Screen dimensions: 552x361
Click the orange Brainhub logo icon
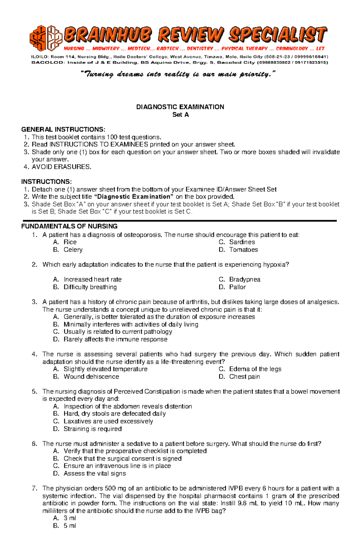tap(46, 38)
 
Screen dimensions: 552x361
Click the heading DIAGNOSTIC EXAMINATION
tap(180, 107)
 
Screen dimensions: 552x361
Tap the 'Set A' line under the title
tap(180, 115)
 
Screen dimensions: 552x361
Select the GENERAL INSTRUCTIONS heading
tap(63, 130)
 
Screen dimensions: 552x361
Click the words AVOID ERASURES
tap(61, 167)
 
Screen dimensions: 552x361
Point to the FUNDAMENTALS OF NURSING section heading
tap(69, 227)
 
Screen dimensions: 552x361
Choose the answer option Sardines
tap(242, 242)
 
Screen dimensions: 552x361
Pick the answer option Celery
tap(73, 250)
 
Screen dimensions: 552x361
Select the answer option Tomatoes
tap(243, 250)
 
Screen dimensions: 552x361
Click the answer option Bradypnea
tap(245, 279)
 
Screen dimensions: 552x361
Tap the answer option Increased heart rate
tap(92, 279)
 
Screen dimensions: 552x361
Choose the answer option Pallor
tap(237, 287)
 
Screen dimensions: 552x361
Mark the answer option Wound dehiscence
tap(91, 377)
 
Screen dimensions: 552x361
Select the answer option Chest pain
tap(244, 377)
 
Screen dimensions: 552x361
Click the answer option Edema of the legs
tap(255, 369)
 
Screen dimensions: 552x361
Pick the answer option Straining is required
tap(92, 429)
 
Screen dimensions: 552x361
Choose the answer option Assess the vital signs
tap(94, 473)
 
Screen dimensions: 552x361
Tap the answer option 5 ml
tap(70, 526)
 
